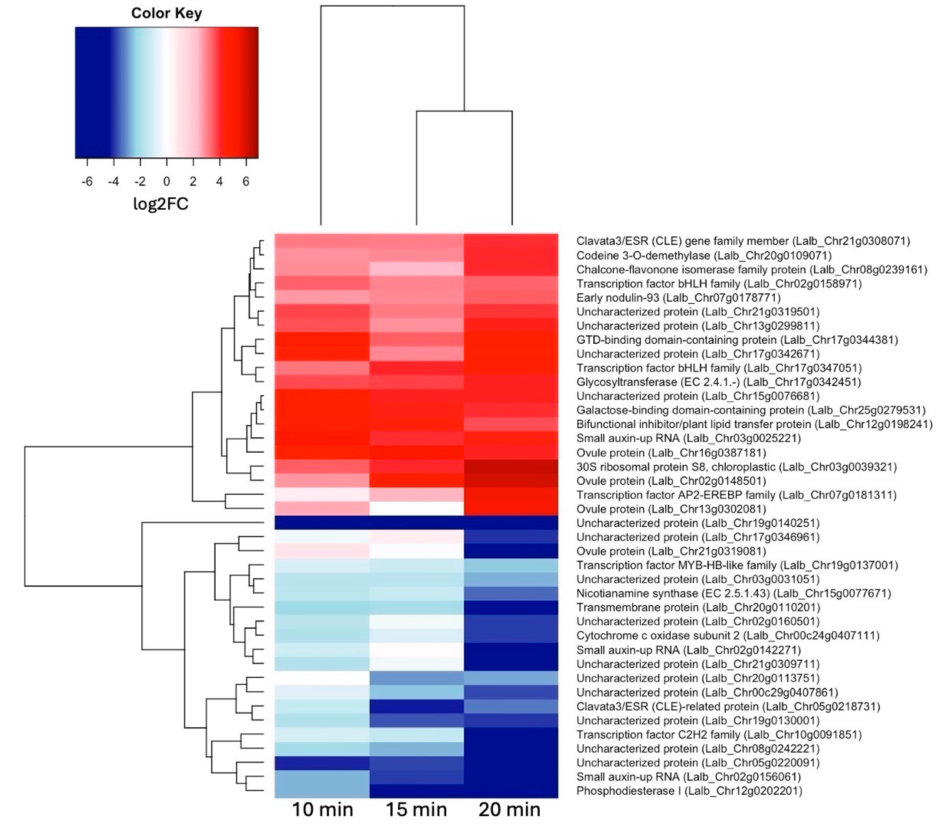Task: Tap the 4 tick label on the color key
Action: click(219, 182)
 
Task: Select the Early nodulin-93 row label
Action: click(678, 298)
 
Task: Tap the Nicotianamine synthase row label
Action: click(733, 593)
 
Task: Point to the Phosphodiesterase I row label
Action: click(689, 791)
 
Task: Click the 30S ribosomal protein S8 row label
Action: click(736, 467)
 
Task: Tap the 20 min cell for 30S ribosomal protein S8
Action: click(511, 467)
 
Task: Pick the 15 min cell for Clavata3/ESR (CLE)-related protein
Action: click(416, 706)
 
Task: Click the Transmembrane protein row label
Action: click(698, 607)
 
